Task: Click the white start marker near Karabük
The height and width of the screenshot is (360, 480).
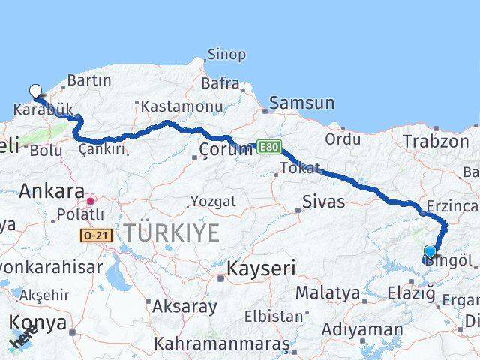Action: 35,91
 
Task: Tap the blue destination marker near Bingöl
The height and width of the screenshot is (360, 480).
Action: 430,252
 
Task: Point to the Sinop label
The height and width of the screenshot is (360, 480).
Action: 226,55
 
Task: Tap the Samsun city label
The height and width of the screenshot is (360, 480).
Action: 301,103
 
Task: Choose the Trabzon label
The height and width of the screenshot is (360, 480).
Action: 434,141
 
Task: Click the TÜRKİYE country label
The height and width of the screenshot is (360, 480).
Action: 172,232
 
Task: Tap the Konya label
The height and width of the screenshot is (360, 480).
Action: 38,322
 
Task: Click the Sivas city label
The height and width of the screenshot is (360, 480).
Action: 324,201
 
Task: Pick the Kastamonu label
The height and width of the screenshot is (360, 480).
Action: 182,106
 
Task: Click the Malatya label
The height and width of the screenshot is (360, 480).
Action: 328,292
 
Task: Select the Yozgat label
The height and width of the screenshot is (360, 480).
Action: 213,202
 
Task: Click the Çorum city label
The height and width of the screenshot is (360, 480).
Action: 226,150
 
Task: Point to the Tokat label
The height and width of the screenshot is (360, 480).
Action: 300,168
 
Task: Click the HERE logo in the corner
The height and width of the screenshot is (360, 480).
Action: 23,341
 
